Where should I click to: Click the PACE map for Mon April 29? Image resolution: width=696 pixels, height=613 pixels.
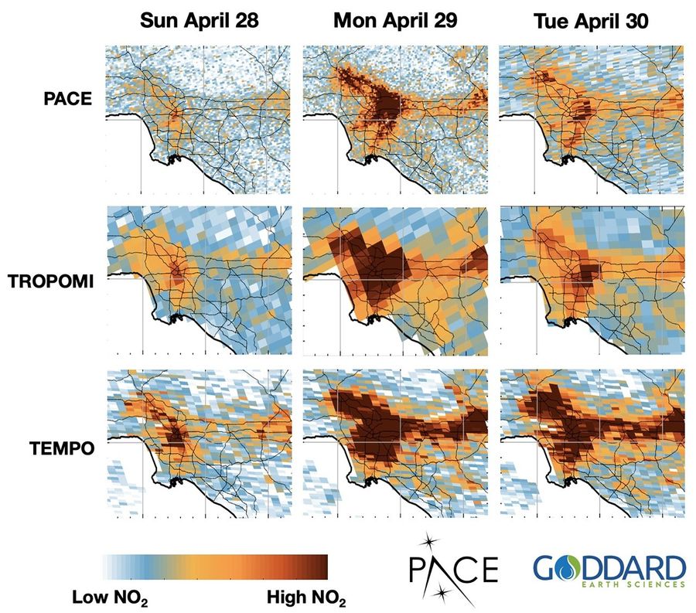394,121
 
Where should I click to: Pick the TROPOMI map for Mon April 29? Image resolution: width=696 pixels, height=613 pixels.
394,282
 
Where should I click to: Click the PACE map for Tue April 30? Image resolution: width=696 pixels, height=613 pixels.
592,121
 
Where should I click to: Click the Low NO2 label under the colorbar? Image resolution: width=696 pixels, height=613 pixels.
110,598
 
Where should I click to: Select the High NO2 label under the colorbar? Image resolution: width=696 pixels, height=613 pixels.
305,598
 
